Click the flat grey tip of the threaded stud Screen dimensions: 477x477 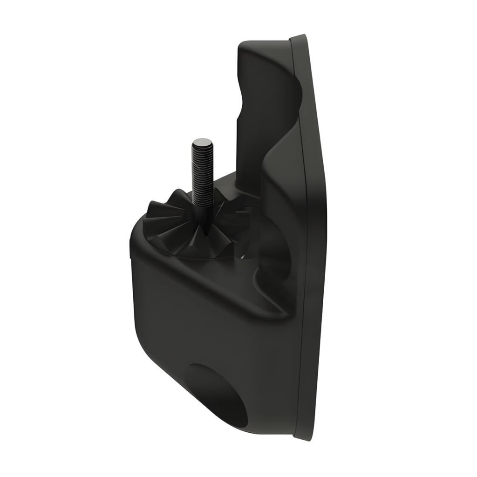[202, 141]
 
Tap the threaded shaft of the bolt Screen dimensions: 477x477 [202, 172]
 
